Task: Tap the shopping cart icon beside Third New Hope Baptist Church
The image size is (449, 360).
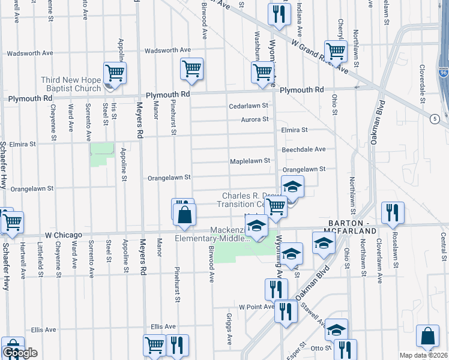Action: point(114,73)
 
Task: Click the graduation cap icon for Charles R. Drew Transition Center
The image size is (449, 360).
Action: point(292,187)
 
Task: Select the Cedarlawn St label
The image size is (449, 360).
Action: point(249,106)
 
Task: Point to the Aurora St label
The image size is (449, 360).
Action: point(255,119)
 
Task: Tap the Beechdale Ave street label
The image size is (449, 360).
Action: point(304,149)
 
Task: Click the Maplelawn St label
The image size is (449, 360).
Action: point(250,161)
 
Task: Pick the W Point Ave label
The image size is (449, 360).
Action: point(256,307)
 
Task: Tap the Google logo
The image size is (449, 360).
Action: point(20,353)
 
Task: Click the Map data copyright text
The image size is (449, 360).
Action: point(424,355)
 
